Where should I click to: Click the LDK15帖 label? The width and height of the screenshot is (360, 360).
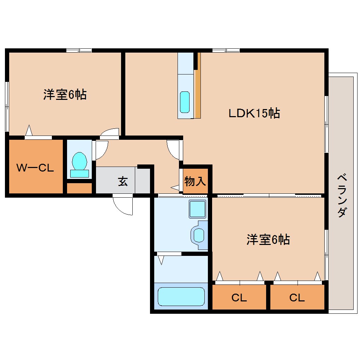[254, 114]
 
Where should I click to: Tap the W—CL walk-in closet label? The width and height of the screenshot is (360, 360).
[35, 168]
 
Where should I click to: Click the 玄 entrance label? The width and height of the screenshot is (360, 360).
[122, 182]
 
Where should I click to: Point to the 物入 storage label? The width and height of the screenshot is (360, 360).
[195, 182]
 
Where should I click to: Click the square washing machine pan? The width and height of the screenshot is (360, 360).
[198, 209]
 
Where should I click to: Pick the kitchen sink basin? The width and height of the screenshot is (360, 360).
[185, 102]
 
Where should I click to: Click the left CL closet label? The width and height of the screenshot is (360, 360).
[239, 298]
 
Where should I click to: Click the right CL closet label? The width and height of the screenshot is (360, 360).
[297, 298]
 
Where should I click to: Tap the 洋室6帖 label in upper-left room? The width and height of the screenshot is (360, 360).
[65, 95]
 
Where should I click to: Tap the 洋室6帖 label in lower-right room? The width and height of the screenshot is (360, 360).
[268, 240]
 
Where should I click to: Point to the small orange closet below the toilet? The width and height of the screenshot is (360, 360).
[79, 188]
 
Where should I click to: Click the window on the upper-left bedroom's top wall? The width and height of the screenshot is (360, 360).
[79, 50]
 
